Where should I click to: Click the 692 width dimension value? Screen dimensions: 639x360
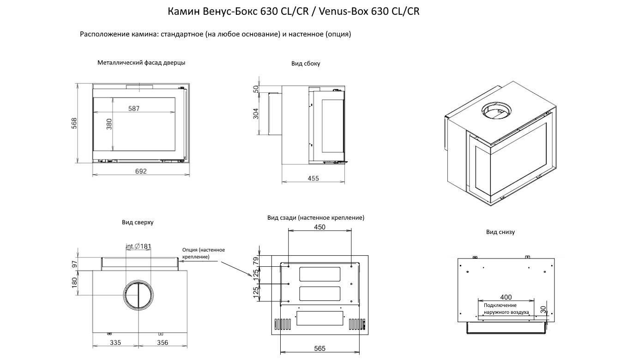coord(141,171)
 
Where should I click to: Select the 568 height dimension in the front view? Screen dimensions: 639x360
coord(74,123)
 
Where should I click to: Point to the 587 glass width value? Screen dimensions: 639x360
coord(134,108)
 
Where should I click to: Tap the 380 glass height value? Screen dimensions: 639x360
coord(109,124)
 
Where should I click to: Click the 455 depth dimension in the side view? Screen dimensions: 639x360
coord(313,178)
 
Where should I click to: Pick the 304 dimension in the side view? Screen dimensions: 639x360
coord(256,114)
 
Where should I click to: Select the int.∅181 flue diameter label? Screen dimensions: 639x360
coord(139,246)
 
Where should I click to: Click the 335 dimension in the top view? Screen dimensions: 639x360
coord(115,342)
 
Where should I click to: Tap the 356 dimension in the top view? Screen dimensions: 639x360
coord(163,342)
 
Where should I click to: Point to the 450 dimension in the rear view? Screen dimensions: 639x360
coord(319,227)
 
